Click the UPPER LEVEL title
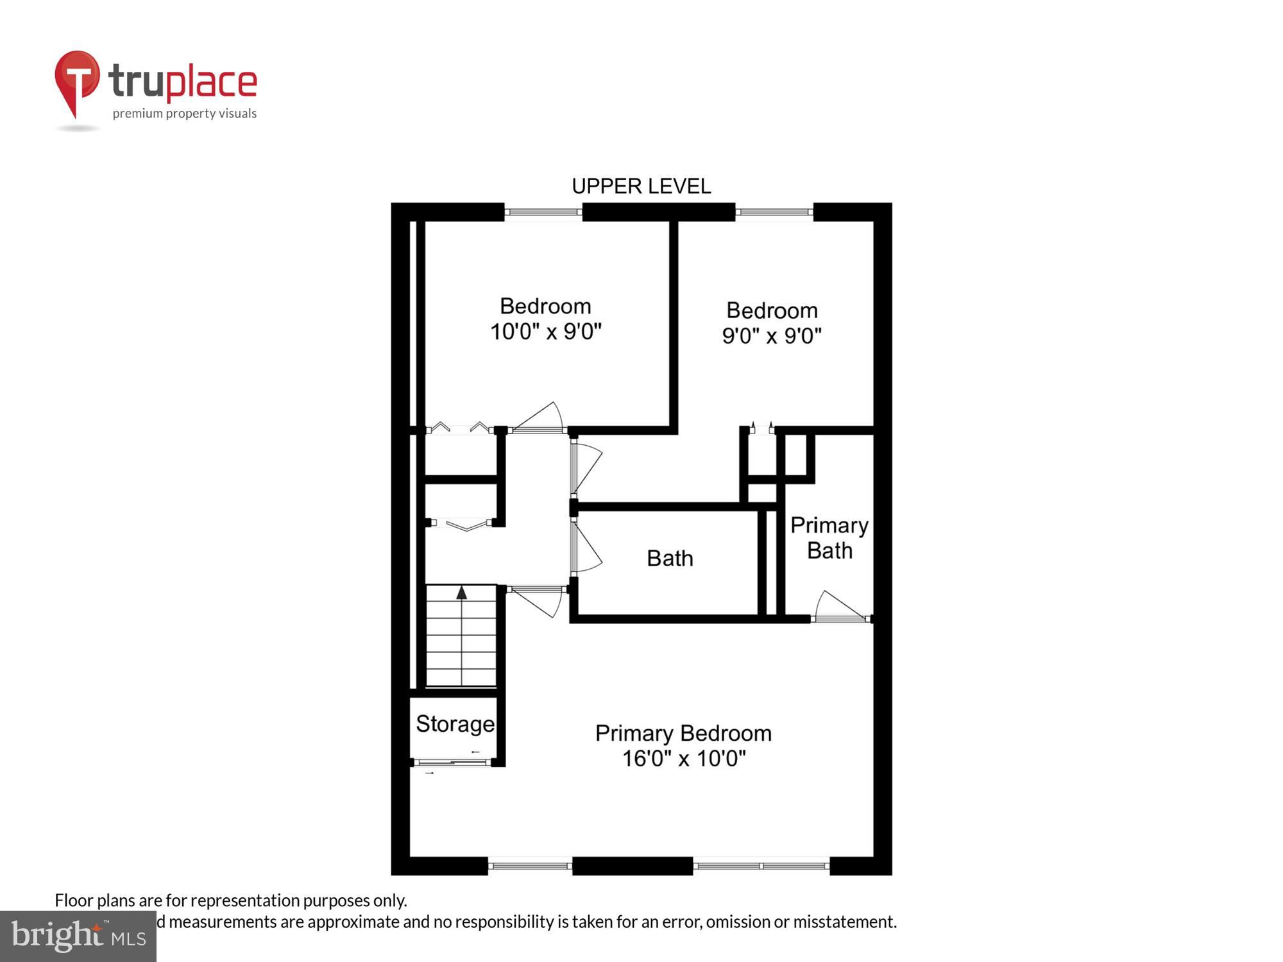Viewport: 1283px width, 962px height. pos(641,187)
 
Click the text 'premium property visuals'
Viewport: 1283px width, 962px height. pos(184,114)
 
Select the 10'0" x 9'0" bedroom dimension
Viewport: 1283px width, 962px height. pos(545,332)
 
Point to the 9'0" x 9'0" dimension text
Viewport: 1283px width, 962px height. pos(772,335)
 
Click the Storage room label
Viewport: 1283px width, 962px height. pos(455,724)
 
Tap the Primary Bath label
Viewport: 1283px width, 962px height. pos(829,538)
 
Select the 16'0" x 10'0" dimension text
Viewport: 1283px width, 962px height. pos(684,759)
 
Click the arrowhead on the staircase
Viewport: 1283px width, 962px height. pos(461,592)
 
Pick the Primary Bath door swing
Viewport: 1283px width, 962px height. pos(837,606)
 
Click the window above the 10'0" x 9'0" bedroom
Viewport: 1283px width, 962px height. pos(543,212)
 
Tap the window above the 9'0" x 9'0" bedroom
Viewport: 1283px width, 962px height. pos(774,212)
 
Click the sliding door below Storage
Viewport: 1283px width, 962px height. pos(452,763)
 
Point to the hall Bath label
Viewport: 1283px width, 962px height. pos(670,559)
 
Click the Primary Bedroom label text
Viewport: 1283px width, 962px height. pos(683,733)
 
